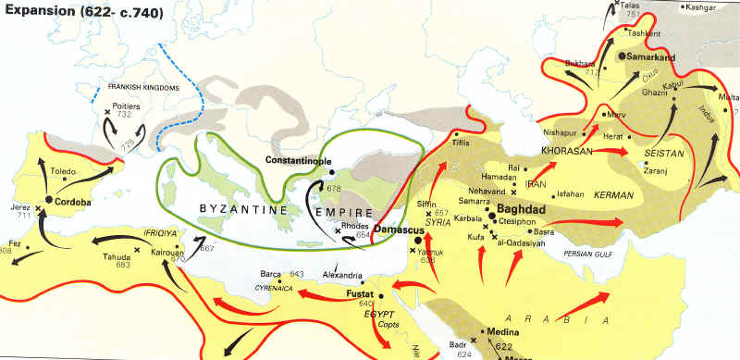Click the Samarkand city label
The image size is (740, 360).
[654, 56]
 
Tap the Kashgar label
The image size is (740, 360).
[701, 7]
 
